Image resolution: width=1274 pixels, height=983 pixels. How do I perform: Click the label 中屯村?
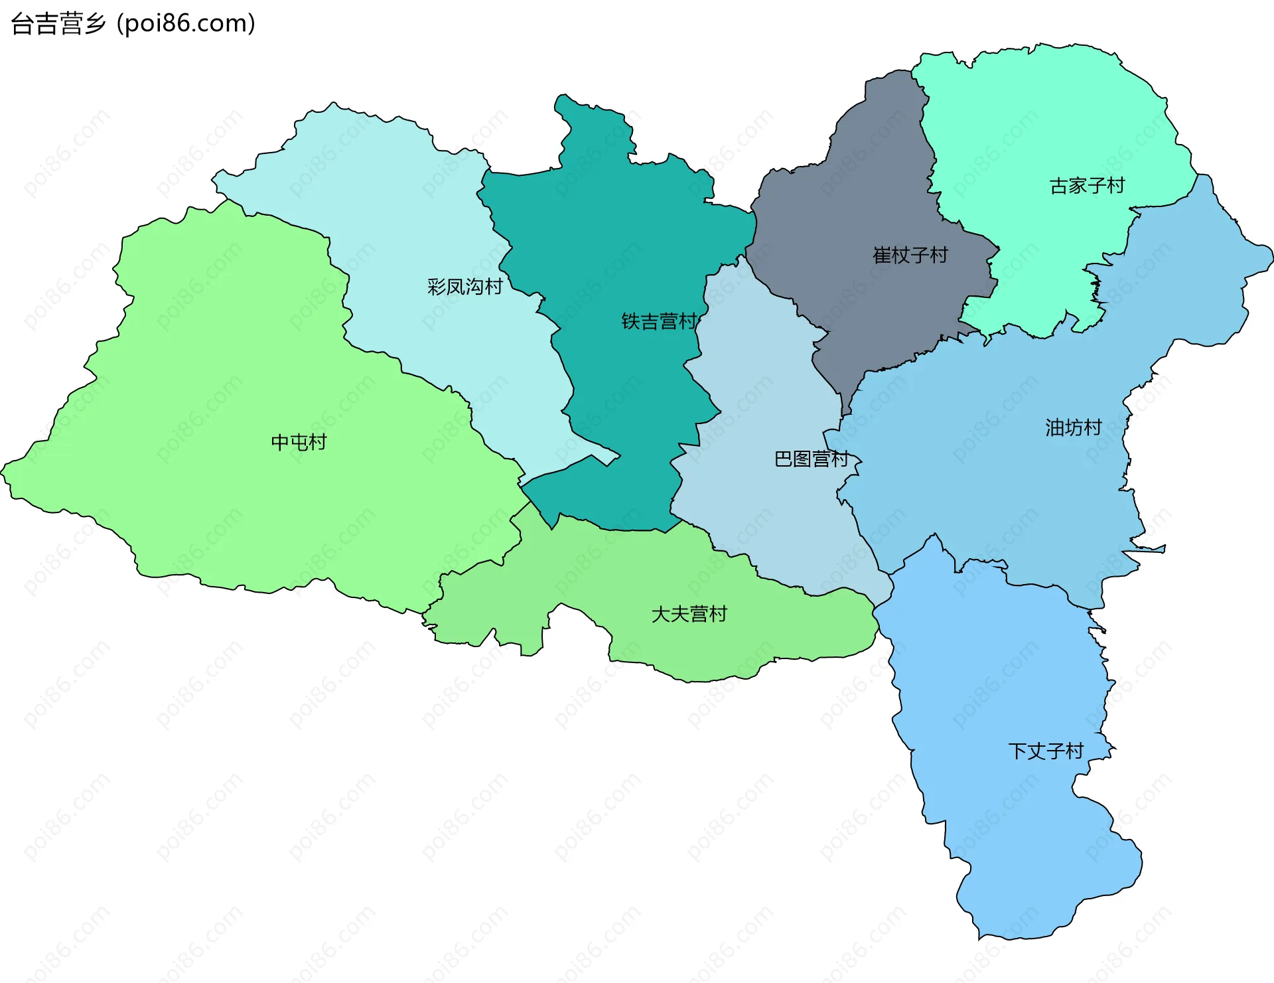[x=299, y=442]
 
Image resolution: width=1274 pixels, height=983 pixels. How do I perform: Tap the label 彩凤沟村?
[x=464, y=287]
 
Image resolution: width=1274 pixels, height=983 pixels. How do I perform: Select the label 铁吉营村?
[x=659, y=321]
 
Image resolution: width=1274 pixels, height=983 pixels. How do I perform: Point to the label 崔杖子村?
[x=910, y=255]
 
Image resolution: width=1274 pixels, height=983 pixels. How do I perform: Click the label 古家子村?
[x=1087, y=186]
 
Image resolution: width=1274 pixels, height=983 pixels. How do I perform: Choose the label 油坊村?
[x=1073, y=427]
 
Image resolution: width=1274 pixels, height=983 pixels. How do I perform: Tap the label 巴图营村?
[x=811, y=459]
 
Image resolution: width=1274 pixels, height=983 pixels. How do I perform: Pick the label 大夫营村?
[x=689, y=614]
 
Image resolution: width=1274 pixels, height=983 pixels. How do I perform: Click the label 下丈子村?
[x=1046, y=751]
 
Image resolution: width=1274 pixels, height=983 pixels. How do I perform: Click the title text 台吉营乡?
[x=58, y=23]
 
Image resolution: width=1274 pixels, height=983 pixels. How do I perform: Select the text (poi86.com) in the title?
[x=186, y=23]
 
